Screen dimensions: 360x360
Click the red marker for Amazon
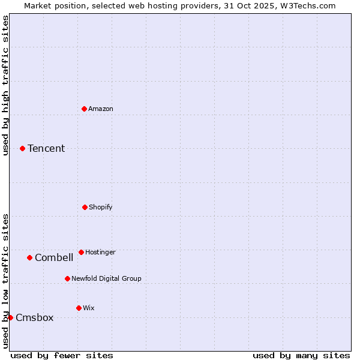(x=85, y=109)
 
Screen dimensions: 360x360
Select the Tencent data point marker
(x=23, y=148)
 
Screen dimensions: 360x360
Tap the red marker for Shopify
(x=85, y=207)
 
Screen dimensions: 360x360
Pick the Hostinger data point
(x=81, y=252)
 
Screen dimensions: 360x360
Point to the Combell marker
(x=29, y=257)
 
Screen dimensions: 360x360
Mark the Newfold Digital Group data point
(x=67, y=278)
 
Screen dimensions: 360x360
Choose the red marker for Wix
(x=79, y=308)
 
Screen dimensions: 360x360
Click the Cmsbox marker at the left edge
(x=10, y=317)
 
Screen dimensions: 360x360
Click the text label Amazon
(x=101, y=109)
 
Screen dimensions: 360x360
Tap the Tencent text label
(x=46, y=148)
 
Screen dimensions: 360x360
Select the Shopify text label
(x=101, y=207)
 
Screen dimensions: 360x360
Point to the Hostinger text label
(x=100, y=252)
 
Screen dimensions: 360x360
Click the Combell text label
(x=54, y=257)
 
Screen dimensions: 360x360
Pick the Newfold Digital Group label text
(x=106, y=278)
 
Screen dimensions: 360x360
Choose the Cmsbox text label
(x=35, y=317)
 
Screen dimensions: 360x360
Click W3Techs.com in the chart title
(x=310, y=5)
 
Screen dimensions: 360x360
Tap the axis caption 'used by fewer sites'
(x=62, y=355)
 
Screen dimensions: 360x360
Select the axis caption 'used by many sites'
(x=301, y=355)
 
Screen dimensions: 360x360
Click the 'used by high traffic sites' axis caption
(x=5, y=85)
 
